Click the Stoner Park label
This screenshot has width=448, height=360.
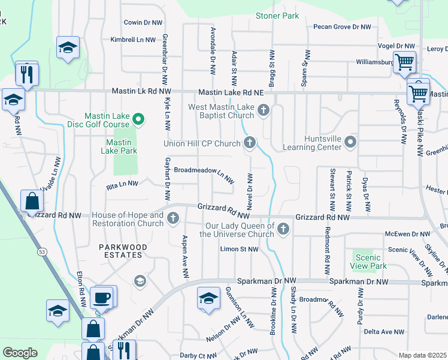(277, 16)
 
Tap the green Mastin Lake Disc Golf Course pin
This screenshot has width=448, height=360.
(138, 119)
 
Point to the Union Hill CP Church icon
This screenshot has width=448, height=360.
(250, 143)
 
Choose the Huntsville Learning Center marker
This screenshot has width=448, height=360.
(350, 142)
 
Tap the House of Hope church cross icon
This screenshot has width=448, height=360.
(174, 218)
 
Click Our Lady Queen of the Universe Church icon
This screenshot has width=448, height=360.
(283, 229)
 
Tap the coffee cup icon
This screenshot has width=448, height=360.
(101, 297)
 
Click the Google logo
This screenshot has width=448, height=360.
(20, 352)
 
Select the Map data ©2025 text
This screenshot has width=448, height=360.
(422, 355)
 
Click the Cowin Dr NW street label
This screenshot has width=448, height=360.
(143, 22)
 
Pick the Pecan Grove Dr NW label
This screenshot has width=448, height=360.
(343, 27)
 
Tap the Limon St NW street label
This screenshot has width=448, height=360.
(240, 249)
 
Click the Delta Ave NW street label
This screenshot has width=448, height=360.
(384, 331)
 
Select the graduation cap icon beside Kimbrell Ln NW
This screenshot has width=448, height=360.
(68, 47)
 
